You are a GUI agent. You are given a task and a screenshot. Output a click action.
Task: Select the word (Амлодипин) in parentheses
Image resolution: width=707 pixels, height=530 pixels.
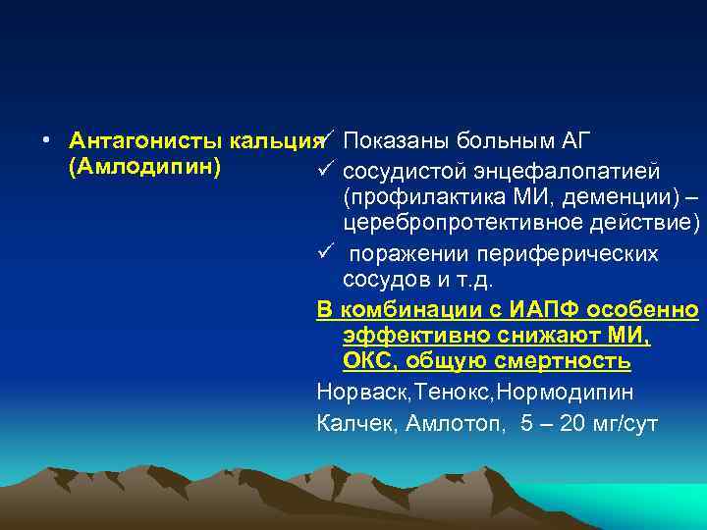128,166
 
